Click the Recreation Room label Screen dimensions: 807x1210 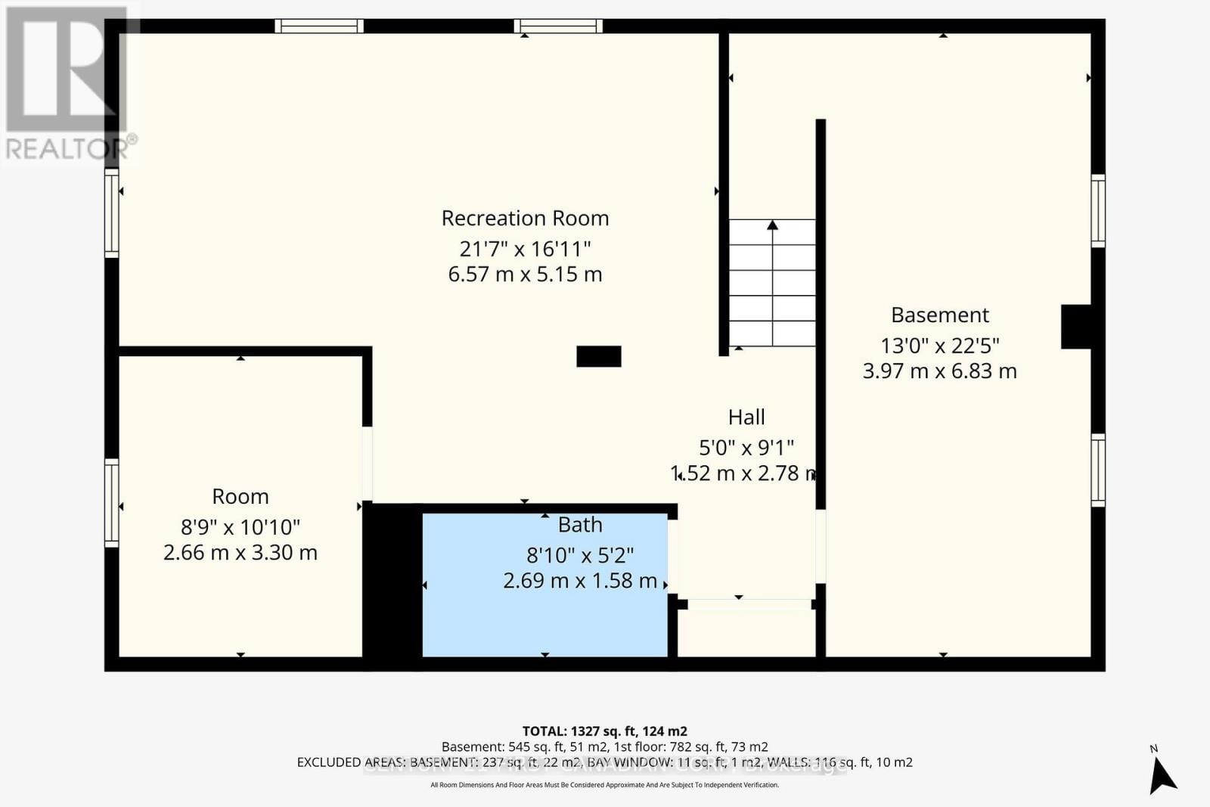click(x=525, y=219)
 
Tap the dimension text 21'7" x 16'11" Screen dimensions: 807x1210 click(x=525, y=248)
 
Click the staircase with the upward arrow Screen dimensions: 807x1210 click(x=772, y=282)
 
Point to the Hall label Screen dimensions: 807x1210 click(x=746, y=417)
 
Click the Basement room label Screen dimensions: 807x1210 click(x=940, y=315)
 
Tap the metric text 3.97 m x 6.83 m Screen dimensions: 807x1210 click(x=940, y=371)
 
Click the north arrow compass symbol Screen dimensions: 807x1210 click(x=1162, y=773)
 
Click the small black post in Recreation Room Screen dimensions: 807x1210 click(x=599, y=356)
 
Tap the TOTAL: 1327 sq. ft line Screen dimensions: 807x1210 click(x=605, y=731)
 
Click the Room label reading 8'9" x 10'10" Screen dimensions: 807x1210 click(x=240, y=526)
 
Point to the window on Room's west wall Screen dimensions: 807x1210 click(x=112, y=502)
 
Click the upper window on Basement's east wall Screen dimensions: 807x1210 click(x=1098, y=210)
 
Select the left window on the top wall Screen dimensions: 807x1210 click(x=319, y=26)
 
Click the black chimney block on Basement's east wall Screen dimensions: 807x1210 click(x=1076, y=327)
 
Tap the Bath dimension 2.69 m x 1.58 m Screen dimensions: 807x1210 click(x=580, y=581)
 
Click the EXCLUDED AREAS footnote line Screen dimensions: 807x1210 click(x=605, y=762)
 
